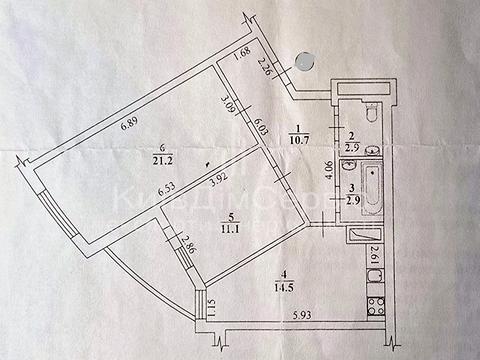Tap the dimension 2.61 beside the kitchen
pyautogui.click(x=374, y=256)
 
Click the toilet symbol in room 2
pyautogui.click(x=369, y=111)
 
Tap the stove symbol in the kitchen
pyautogui.click(x=376, y=297)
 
